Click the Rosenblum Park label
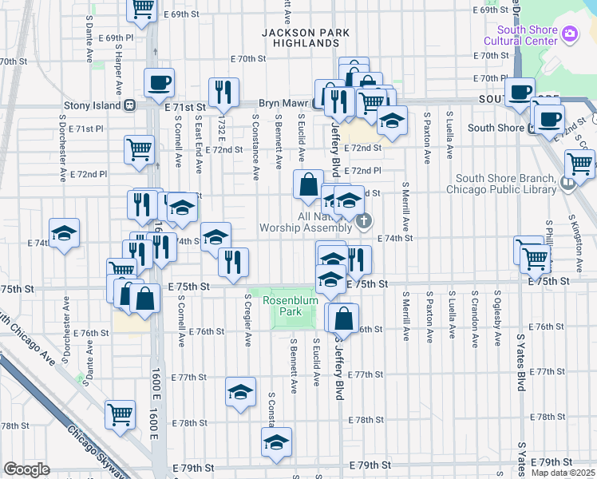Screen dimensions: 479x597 [x=290, y=306]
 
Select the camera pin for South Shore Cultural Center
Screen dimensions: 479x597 [x=571, y=34]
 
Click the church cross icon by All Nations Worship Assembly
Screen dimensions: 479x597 [x=364, y=221]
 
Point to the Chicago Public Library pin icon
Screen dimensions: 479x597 [x=567, y=183]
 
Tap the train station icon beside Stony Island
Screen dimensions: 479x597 [x=128, y=105]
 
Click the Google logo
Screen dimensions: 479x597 [x=26, y=469]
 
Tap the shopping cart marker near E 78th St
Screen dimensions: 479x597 [x=120, y=414]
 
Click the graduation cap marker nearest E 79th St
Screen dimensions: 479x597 [x=276, y=441]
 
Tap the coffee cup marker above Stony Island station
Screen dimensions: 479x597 [x=159, y=81]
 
